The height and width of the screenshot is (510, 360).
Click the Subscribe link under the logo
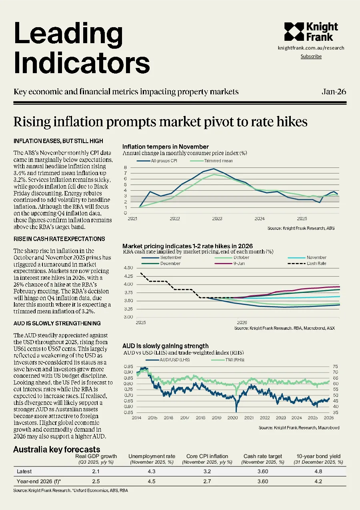point(311,56)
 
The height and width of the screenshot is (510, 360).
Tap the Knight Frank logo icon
point(294,32)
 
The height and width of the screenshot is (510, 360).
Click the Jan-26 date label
point(334,92)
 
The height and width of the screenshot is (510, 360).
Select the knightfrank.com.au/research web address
point(311,48)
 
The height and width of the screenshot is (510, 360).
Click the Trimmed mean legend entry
point(212,161)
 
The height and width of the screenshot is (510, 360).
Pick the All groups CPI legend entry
point(157,161)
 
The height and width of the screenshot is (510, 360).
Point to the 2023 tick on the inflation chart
point(217,219)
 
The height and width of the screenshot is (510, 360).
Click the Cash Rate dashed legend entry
point(307,263)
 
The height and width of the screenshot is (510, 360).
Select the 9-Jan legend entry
point(230,263)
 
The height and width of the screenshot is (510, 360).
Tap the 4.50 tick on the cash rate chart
point(128,268)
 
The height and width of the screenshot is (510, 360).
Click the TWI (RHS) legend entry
point(228,360)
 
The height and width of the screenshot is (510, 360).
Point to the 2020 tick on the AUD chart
point(232,418)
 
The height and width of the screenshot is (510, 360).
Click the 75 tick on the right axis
point(335,367)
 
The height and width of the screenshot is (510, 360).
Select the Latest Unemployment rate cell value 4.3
point(152,471)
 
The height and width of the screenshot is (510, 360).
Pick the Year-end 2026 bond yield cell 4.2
point(318,481)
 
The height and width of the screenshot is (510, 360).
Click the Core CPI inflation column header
point(207,456)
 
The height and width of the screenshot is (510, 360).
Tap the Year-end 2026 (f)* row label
point(39,481)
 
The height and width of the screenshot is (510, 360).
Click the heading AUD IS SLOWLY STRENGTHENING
point(57,323)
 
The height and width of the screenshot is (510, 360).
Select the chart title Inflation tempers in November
point(166,147)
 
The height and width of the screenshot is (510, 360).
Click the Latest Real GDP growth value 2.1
point(96,471)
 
